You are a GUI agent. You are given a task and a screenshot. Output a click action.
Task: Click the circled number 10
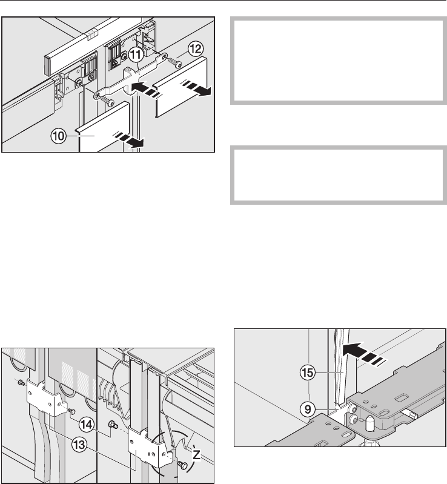[x=59, y=136]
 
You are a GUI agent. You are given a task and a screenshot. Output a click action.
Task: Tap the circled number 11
[x=136, y=55]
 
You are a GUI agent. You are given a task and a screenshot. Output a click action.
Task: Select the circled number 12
[x=196, y=49]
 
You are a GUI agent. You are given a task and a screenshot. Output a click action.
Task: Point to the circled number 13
[x=79, y=445]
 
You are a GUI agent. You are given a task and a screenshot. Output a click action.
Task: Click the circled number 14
[x=87, y=425]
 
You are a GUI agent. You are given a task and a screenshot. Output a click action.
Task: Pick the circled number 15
[x=308, y=373]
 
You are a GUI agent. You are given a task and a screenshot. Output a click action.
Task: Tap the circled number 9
[x=308, y=409]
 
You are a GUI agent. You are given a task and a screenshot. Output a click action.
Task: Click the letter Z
[x=196, y=454]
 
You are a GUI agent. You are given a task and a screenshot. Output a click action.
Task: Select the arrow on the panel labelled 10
[x=130, y=139]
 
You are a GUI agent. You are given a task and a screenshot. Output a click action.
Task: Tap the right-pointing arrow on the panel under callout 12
[x=196, y=87]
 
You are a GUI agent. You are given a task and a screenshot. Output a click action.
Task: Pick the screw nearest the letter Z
[x=183, y=464]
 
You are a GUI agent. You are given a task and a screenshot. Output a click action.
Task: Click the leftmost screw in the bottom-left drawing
[x=21, y=383]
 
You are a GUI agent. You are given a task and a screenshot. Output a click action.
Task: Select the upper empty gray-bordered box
[x=339, y=61]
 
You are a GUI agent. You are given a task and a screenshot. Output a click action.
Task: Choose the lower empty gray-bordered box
[x=339, y=175]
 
